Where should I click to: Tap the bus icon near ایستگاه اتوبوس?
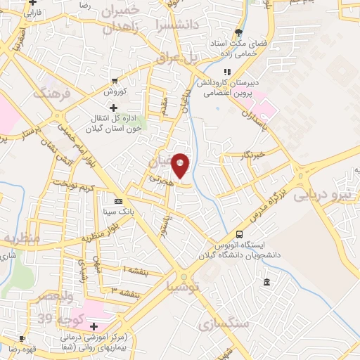pos(240,235)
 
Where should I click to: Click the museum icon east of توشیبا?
pos(266,283)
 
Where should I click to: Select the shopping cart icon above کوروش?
pos(114,80)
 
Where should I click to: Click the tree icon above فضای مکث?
pos(239,33)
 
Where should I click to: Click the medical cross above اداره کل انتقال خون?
pos(113,107)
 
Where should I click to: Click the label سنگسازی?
pos(228,324)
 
